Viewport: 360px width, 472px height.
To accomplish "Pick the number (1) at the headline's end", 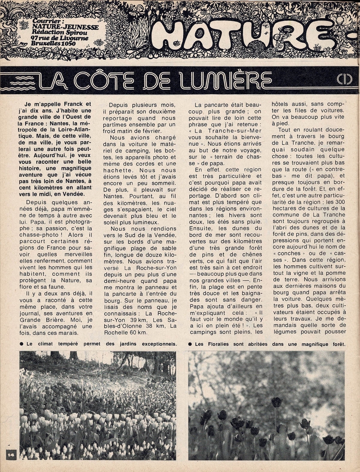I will coord(345,80).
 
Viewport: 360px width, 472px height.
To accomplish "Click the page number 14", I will coord(9,454).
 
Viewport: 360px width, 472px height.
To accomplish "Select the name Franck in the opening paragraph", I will coord(74,104).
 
